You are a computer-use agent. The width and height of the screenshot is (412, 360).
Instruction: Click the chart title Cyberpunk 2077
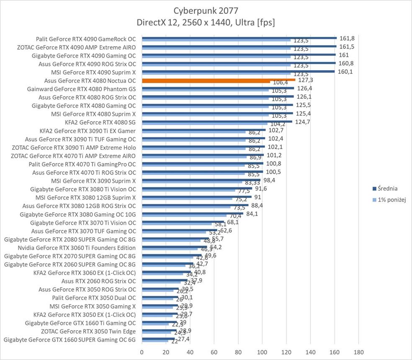(x=206, y=10)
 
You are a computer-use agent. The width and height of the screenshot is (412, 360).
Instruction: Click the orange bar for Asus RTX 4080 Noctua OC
(x=218, y=80)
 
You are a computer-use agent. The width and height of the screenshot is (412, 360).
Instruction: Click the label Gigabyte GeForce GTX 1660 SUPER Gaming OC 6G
(x=70, y=339)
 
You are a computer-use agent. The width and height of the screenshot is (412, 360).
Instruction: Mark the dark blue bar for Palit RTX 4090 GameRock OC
(x=239, y=38)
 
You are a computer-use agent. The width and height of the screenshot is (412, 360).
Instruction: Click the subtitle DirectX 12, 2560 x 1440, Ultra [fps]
(x=206, y=22)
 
